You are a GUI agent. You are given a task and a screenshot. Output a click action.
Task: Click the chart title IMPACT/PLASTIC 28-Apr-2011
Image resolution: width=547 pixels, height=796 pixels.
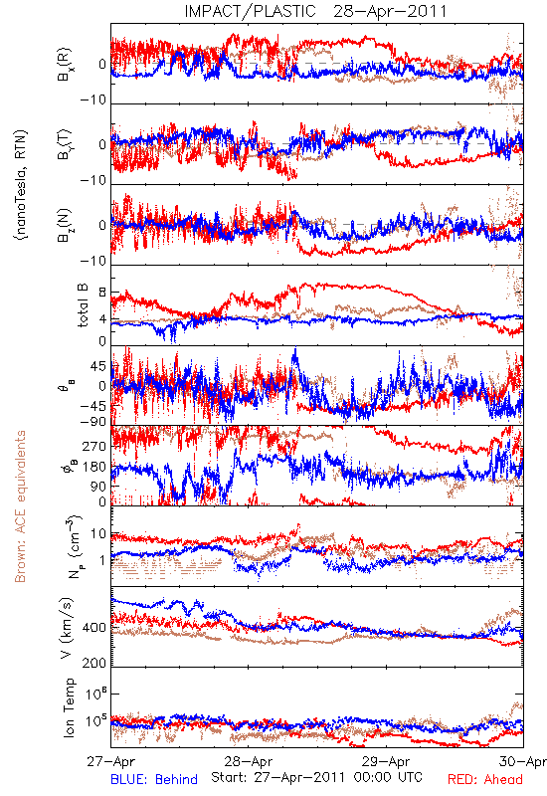tap(315, 11)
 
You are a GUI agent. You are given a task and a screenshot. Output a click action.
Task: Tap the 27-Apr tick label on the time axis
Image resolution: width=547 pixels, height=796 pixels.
tap(110, 761)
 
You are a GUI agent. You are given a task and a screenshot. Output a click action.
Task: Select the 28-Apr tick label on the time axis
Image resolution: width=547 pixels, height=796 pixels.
tap(249, 761)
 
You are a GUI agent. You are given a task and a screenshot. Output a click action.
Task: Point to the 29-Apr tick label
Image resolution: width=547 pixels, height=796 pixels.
tap(386, 761)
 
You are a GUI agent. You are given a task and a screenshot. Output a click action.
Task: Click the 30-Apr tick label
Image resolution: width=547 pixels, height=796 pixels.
tap(523, 761)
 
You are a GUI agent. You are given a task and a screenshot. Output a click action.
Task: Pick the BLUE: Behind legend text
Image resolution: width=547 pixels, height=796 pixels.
tap(154, 779)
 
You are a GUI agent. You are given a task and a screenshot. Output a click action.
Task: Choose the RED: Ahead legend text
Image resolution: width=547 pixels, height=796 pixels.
tap(485, 779)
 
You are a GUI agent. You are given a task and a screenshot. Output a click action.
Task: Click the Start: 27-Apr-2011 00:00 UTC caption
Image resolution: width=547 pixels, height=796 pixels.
tap(316, 777)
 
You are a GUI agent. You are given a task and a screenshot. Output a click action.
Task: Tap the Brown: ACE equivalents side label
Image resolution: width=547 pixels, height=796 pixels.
tap(20, 506)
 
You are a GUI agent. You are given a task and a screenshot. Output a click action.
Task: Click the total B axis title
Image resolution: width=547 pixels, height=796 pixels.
tap(83, 305)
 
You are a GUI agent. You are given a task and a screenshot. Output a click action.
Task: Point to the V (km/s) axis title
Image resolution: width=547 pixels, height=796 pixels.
tap(67, 628)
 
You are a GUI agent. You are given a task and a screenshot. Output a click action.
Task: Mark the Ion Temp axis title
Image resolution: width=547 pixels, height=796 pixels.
tap(69, 707)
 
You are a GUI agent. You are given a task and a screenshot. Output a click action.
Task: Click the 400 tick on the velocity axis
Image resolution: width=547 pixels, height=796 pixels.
tap(94, 628)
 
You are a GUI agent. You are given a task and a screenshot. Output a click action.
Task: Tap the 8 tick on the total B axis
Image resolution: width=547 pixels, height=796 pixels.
tap(102, 293)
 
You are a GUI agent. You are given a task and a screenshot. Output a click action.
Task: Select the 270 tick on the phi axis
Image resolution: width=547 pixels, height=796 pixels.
tap(94, 446)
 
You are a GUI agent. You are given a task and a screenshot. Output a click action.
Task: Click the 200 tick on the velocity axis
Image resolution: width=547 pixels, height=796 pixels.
tap(94, 663)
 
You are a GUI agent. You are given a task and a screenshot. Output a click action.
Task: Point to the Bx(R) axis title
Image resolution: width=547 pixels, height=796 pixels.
tap(65, 65)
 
